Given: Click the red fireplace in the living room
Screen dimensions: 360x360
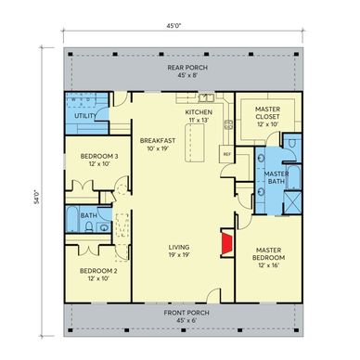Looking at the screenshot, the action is [227, 243].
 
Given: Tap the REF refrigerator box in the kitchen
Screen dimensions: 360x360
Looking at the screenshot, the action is [226, 154].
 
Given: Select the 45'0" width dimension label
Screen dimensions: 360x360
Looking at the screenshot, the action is [174, 26].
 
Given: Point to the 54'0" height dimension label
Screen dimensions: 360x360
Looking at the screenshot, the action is [37, 198].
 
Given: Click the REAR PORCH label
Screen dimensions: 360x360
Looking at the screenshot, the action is [187, 68].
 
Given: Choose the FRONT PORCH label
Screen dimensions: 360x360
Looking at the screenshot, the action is [186, 313].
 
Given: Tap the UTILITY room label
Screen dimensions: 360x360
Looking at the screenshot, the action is [85, 116].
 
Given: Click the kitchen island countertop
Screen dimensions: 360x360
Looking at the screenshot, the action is [195, 143].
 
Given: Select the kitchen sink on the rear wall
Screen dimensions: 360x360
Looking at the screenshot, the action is [206, 97].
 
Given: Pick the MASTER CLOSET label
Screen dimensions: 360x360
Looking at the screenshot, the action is [268, 113].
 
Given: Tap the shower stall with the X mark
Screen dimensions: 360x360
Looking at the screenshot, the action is [292, 202].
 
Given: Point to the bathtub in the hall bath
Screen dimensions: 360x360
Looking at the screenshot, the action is [71, 219].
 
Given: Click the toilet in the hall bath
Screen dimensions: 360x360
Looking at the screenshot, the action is [89, 226].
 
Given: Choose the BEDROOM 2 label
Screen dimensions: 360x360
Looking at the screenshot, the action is [98, 271].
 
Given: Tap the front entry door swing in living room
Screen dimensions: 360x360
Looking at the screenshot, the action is [213, 294].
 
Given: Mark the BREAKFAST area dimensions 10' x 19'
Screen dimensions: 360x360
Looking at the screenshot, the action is [158, 148].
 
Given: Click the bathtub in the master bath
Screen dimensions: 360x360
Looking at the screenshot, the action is [294, 177].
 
